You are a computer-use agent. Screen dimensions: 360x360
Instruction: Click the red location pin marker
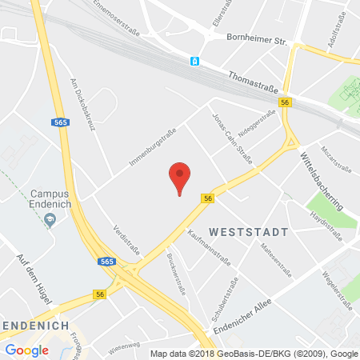click(181, 175)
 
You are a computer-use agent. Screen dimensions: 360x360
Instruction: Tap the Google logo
click(26, 350)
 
